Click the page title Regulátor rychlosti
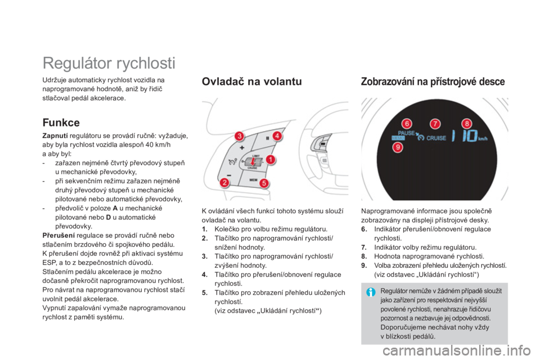click(x=109, y=64)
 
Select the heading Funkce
click(x=61, y=123)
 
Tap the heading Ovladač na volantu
click(x=252, y=82)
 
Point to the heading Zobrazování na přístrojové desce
click(x=433, y=82)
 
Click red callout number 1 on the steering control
click(x=271, y=160)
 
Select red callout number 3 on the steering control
click(x=239, y=136)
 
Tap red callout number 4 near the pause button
click(x=277, y=136)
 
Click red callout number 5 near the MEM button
click(x=264, y=183)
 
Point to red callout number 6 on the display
click(x=407, y=124)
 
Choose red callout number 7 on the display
click(x=435, y=124)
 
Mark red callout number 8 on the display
click(x=467, y=124)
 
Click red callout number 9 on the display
click(x=398, y=148)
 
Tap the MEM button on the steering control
click(x=253, y=180)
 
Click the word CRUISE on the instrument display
click(x=436, y=138)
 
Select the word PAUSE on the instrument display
click(x=406, y=133)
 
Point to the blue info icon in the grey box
click(x=371, y=292)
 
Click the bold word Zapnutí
click(x=55, y=136)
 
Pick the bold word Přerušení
click(x=58, y=235)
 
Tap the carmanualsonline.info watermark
click(x=457, y=351)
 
